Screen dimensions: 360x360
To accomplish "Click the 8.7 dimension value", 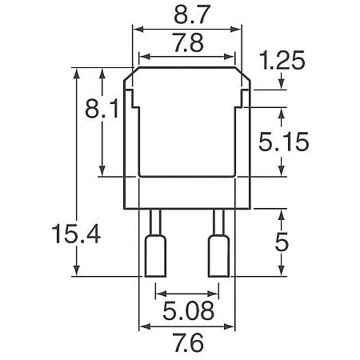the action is [x=190, y=14].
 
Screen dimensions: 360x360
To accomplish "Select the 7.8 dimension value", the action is [x=189, y=42].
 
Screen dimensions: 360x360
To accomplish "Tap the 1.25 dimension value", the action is [x=282, y=60].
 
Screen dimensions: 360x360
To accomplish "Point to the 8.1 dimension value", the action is [x=102, y=109].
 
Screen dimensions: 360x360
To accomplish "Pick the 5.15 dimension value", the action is [x=284, y=142].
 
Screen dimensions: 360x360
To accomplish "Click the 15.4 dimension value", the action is [x=76, y=234].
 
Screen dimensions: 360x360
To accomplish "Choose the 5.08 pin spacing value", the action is [x=188, y=310].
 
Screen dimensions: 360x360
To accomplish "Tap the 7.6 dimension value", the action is [x=189, y=342].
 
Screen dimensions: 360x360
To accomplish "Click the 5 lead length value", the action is [x=282, y=242].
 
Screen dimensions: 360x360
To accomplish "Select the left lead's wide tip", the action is [x=155, y=256].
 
